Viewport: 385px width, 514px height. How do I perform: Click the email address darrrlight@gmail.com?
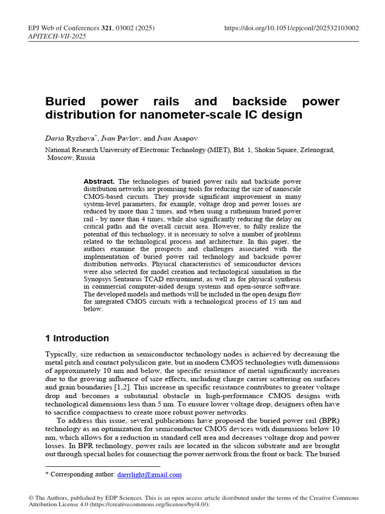149,474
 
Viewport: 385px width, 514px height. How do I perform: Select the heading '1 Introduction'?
77,338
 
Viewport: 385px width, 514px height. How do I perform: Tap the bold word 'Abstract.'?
99,181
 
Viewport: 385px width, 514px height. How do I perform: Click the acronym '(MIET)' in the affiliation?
221,150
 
